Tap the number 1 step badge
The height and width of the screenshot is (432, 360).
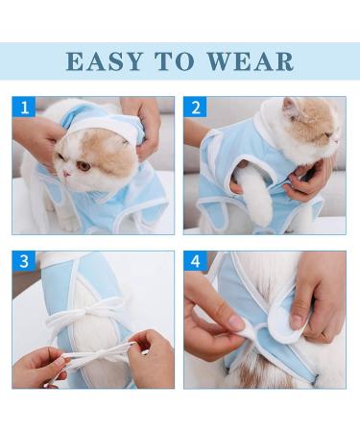click(x=24, y=108)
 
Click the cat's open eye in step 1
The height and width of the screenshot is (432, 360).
click(x=84, y=166)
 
